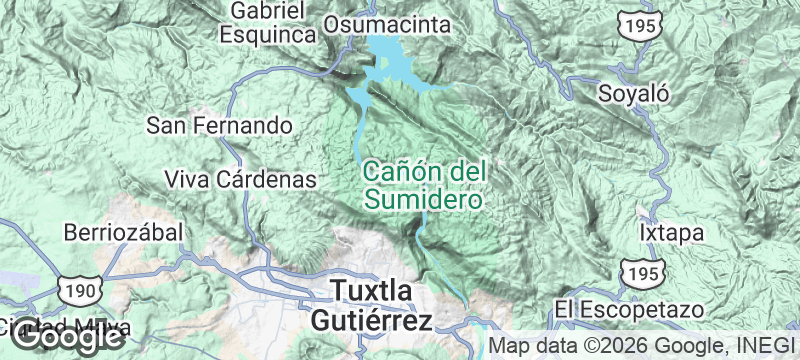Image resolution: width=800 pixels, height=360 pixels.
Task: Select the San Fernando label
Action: pos(219,126)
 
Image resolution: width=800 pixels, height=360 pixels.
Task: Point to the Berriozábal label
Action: pos(123,232)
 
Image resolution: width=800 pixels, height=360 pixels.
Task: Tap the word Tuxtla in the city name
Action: pos(371,292)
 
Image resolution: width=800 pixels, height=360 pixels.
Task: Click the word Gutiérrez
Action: pos(371,321)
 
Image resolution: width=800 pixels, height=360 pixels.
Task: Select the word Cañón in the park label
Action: pos(396,171)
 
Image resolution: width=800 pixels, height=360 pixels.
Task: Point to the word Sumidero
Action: pos(423,199)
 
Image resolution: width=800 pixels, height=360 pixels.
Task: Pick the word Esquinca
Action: pos(268,34)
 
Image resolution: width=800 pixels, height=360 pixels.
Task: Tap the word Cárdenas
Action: pos(265,180)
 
